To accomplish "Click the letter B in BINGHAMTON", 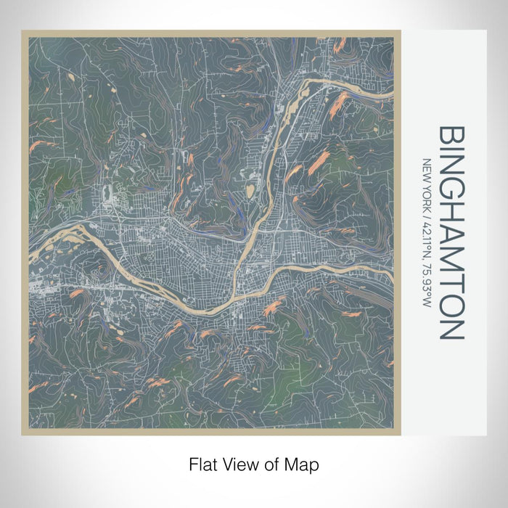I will [451, 136].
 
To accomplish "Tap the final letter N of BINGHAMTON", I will [451, 331].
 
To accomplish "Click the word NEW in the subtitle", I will [427, 169].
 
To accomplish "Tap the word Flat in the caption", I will [202, 464].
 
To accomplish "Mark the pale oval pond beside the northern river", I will [250, 191].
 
